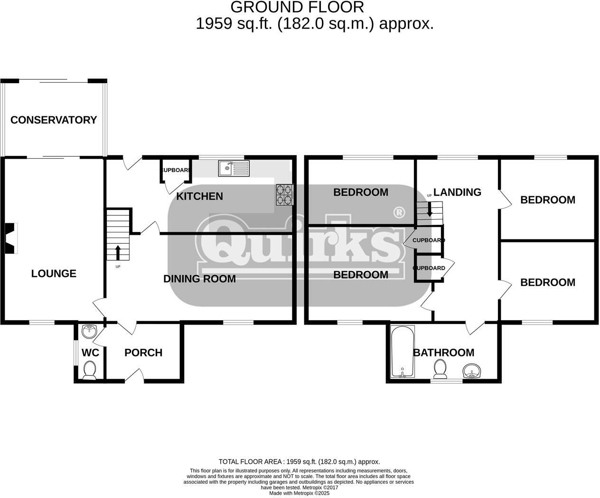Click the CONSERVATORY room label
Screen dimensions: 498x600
click(54, 120)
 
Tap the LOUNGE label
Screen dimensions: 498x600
click(54, 274)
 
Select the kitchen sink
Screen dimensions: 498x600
click(234, 168)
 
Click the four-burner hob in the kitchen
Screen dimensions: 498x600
click(285, 195)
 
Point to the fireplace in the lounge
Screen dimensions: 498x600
click(11, 238)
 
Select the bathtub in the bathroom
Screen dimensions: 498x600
click(403, 352)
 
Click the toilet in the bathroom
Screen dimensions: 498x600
click(440, 369)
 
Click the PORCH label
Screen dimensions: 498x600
click(143, 353)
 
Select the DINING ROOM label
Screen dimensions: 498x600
click(199, 279)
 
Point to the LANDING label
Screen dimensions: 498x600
click(457, 192)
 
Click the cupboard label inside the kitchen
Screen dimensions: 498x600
click(176, 170)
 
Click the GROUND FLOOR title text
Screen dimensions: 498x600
click(297, 7)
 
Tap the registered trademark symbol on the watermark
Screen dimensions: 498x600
click(399, 211)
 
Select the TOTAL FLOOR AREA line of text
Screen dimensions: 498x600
click(299, 461)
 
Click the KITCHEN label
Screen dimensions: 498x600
click(199, 196)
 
